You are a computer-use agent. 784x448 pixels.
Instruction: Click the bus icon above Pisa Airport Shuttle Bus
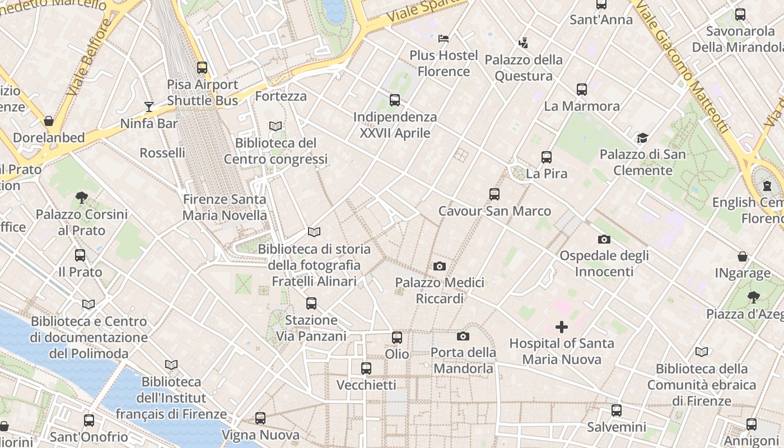pyautogui.click(x=202, y=68)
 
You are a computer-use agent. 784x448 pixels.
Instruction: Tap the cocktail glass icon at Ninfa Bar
pyautogui.click(x=149, y=106)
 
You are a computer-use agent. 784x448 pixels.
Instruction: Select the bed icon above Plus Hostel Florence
pyautogui.click(x=444, y=39)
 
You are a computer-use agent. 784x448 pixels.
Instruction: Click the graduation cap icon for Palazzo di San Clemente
pyautogui.click(x=642, y=138)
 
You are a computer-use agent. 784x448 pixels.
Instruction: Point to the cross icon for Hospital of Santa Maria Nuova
pyautogui.click(x=562, y=327)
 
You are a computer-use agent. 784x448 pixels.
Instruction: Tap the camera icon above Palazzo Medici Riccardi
pyautogui.click(x=440, y=266)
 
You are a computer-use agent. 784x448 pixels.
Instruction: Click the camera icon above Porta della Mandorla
pyautogui.click(x=463, y=336)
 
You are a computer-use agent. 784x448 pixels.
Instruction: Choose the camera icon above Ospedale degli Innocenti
pyautogui.click(x=604, y=239)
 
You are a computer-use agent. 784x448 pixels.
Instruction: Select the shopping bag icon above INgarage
pyautogui.click(x=743, y=257)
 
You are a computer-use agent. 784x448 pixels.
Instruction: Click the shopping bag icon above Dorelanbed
pyautogui.click(x=49, y=121)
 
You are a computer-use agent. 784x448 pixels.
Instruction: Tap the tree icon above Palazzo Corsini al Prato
pyautogui.click(x=82, y=197)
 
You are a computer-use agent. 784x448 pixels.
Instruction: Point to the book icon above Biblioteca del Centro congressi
pyautogui.click(x=276, y=127)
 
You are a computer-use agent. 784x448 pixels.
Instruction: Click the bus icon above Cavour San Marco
pyautogui.click(x=494, y=194)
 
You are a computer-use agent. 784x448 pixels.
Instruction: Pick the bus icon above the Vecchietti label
pyautogui.click(x=366, y=368)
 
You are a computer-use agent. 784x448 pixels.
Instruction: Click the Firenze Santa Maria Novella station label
pyautogui.click(x=225, y=207)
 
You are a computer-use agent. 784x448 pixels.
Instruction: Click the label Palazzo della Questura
pyautogui.click(x=524, y=68)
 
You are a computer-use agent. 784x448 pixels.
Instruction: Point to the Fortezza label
pyautogui.click(x=281, y=96)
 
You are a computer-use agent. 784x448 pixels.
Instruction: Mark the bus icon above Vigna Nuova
pyautogui.click(x=260, y=418)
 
